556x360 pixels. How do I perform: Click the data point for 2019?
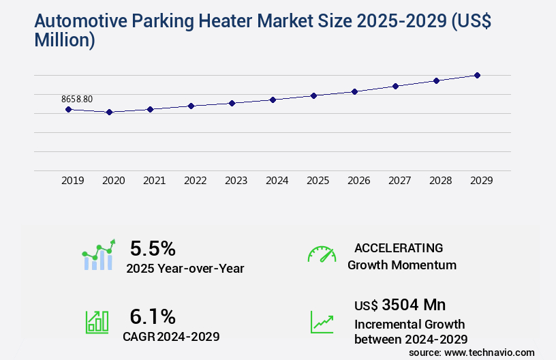[x=68, y=109]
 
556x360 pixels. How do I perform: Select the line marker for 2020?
[x=109, y=112]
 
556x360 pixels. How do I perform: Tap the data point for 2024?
[x=273, y=100]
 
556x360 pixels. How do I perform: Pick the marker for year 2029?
[x=477, y=75]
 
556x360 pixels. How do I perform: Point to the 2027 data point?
[x=395, y=86]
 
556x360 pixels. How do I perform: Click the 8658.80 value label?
[x=77, y=99]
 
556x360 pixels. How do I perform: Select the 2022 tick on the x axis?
[x=195, y=181]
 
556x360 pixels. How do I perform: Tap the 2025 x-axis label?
[x=318, y=181]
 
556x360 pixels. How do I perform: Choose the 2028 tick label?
[x=440, y=181]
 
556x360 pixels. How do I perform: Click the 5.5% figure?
[x=153, y=247]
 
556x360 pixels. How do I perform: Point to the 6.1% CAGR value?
[x=153, y=316]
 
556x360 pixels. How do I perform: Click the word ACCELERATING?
[x=399, y=247]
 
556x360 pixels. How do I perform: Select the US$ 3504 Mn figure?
[x=400, y=304]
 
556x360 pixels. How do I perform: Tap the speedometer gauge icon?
[x=322, y=254]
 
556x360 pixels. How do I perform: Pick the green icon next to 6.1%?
[x=97, y=322]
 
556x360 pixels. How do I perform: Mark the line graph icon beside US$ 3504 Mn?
[x=322, y=322]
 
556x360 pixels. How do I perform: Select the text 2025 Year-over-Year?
[x=185, y=268]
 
